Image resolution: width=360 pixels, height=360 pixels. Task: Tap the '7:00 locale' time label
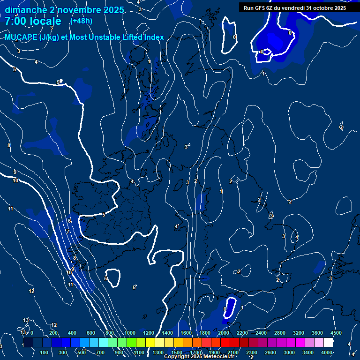pyautogui.click(x=33, y=21)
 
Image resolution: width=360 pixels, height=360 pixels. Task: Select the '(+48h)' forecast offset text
pyautogui.click(x=81, y=21)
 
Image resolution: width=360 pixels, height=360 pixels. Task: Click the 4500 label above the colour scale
pyautogui.click(x=336, y=333)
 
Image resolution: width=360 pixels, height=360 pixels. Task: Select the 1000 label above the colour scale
pyautogui.click(x=130, y=333)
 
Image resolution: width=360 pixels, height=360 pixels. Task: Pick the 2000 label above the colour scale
pyautogui.click(x=224, y=333)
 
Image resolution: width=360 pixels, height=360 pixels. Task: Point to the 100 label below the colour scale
pyautogui.click(x=45, y=352)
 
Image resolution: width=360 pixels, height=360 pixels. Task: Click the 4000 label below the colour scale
pyautogui.click(x=327, y=352)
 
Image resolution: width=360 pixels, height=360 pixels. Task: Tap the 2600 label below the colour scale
pyautogui.click(x=270, y=352)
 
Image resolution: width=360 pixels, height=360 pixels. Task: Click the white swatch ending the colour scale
pyautogui.click(x=329, y=343)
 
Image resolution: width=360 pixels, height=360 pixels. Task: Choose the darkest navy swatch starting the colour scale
pyautogui.click(x=28, y=343)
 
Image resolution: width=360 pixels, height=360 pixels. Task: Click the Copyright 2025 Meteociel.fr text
pyautogui.click(x=199, y=357)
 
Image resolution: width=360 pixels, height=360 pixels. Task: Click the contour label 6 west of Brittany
pyautogui.click(x=69, y=221)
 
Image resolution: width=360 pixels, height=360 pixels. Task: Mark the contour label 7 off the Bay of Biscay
pyautogui.click(x=68, y=232)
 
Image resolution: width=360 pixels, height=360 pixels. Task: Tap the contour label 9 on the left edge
pyautogui.click(x=15, y=172)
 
